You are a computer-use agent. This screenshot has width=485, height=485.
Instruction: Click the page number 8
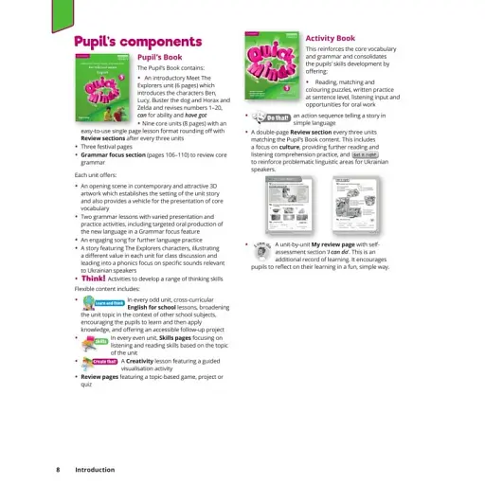click(x=58, y=469)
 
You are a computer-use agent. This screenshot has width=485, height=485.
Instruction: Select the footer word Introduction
click(x=94, y=469)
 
